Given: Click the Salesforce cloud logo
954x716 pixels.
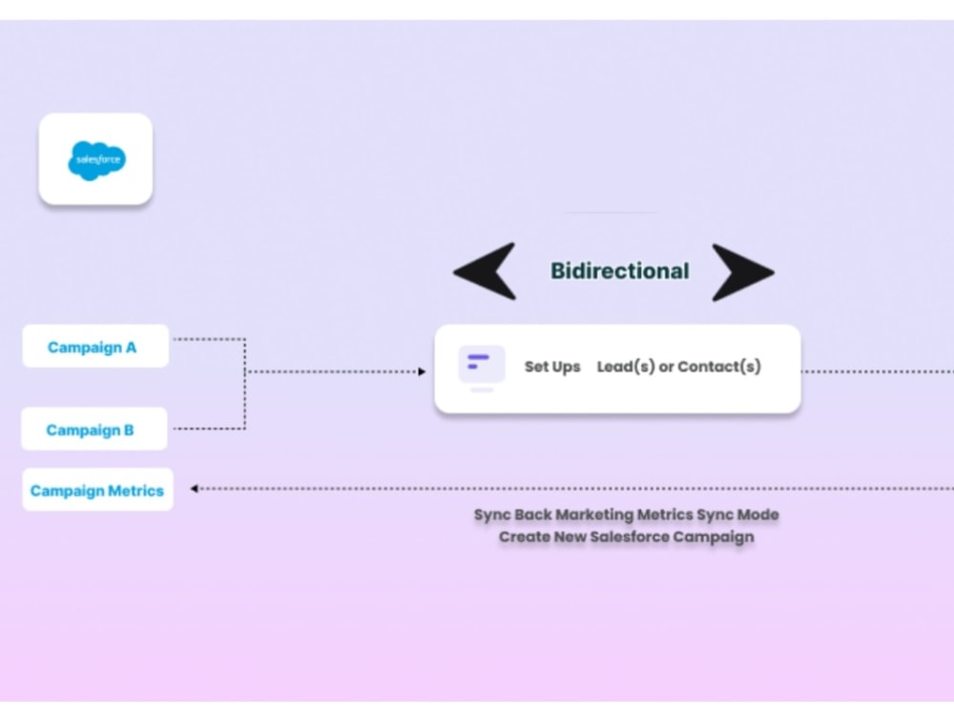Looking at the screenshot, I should (96, 159).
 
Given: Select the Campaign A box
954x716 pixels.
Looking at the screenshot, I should (95, 347).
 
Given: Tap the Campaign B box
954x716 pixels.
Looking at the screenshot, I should (93, 430).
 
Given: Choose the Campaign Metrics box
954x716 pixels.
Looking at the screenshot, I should (97, 490).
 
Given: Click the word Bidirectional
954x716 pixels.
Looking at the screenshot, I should (619, 270).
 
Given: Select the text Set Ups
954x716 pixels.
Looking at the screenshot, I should (552, 367).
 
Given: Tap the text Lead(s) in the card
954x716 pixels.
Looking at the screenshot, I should (626, 367).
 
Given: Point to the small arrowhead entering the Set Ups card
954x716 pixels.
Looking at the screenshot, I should (422, 371).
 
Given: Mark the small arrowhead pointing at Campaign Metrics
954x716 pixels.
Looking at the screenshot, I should (194, 489).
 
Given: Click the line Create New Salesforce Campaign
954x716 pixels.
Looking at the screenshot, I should (626, 537).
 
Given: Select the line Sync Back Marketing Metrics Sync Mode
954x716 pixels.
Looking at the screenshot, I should (626, 515).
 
